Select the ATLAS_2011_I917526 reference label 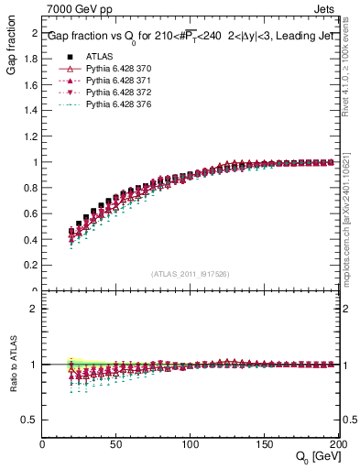[x=190, y=274]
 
